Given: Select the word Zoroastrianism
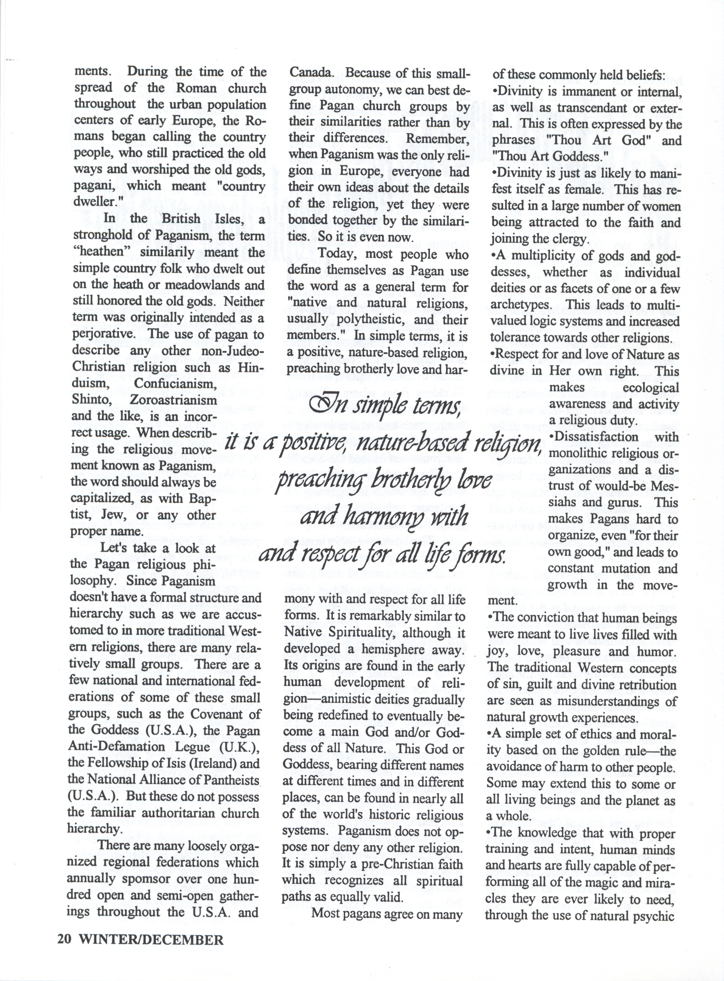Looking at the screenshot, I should point(173,400).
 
